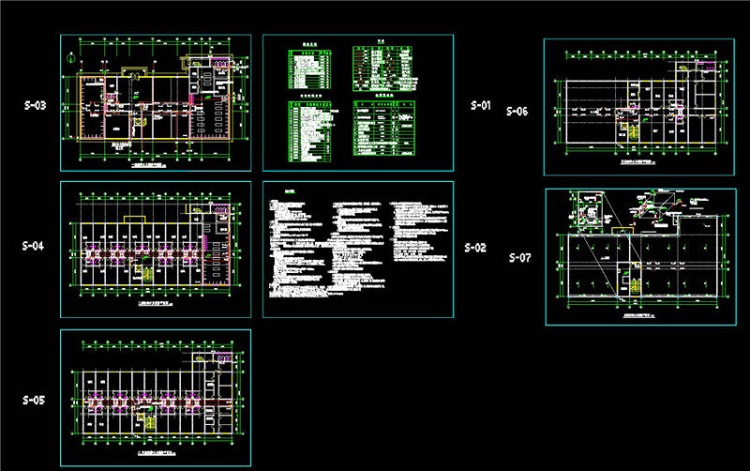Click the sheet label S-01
[481, 106]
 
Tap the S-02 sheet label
[476, 248]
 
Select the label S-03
[35, 106]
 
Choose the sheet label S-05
[34, 400]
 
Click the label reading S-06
[517, 111]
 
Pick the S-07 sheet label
[519, 256]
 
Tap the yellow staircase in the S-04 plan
[145, 273]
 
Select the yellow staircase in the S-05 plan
[145, 419]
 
